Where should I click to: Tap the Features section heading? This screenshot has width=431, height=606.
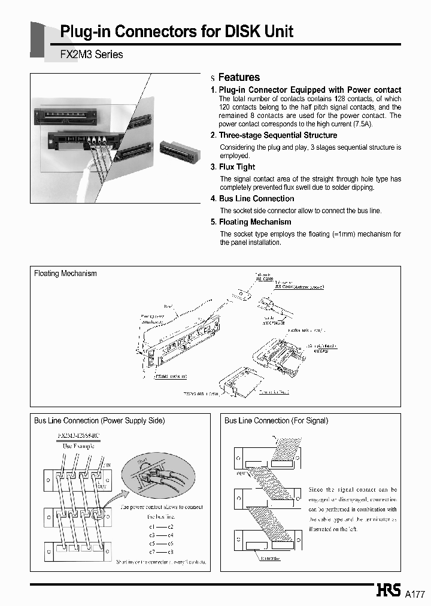pos(239,77)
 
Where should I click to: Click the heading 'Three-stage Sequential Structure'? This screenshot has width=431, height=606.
pos(278,135)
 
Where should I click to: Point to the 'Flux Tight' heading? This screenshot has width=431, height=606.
pos(237,167)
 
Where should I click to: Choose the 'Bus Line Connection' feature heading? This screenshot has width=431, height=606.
pos(256,199)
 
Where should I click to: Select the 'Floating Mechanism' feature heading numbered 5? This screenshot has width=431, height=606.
pos(255,222)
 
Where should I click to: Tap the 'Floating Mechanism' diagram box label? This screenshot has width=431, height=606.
pos(65,274)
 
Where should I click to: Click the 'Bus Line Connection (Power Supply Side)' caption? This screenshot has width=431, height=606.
pos(99,421)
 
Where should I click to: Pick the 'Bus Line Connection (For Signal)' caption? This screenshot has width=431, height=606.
pos(276,421)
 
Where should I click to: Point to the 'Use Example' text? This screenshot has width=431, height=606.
pos(78,446)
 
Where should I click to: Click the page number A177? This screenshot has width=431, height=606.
pos(415,594)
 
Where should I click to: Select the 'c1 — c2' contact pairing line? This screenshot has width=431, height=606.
pos(161,526)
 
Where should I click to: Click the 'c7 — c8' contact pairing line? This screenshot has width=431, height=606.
pos(161,551)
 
